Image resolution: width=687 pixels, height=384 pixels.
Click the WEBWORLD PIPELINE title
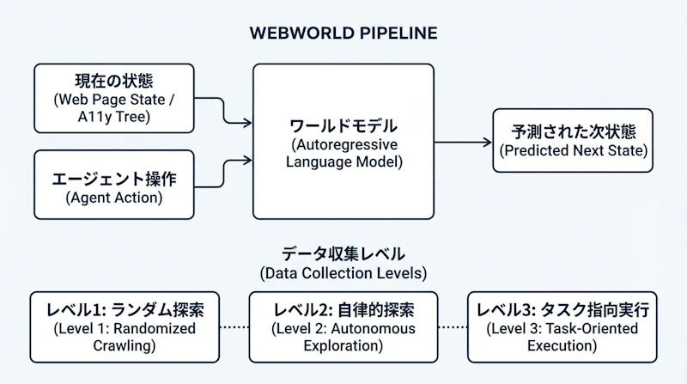coord(343,34)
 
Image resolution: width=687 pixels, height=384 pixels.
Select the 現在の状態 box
coord(114,98)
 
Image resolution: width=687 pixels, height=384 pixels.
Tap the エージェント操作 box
coord(114,185)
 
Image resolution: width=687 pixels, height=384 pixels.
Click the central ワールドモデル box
coord(343,141)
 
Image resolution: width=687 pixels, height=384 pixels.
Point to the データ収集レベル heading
coord(343,254)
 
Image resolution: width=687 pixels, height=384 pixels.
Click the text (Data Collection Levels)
coord(343,273)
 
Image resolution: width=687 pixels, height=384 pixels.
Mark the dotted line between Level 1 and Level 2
coord(231,327)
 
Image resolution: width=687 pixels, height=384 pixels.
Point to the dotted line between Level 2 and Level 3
coord(453,327)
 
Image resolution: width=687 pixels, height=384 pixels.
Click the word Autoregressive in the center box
coord(343,143)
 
